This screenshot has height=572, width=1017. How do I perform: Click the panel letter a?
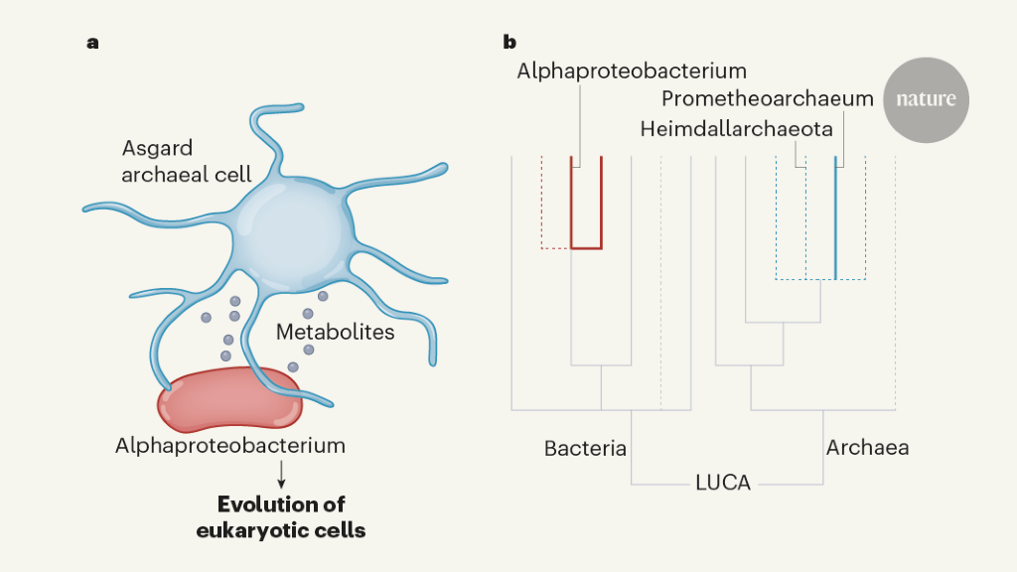click(93, 43)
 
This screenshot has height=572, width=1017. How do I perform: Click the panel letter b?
click(509, 43)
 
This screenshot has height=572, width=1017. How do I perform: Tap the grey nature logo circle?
click(926, 99)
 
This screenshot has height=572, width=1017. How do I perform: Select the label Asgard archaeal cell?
click(187, 162)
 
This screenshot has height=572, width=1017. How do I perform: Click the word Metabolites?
click(335, 332)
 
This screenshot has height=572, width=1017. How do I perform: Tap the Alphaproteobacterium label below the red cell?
click(230, 446)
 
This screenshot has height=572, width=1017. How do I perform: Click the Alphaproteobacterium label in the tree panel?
click(632, 71)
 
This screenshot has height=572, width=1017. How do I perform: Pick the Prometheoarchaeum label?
click(768, 99)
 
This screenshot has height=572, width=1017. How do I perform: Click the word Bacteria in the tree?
click(585, 449)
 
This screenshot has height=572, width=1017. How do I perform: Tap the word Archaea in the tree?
click(867, 449)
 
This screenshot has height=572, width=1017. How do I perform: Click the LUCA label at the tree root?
click(722, 484)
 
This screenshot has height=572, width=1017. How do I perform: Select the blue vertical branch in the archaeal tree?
click(835, 218)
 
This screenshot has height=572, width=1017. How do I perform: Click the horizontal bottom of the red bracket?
click(586, 247)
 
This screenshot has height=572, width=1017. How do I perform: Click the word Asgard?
click(156, 149)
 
